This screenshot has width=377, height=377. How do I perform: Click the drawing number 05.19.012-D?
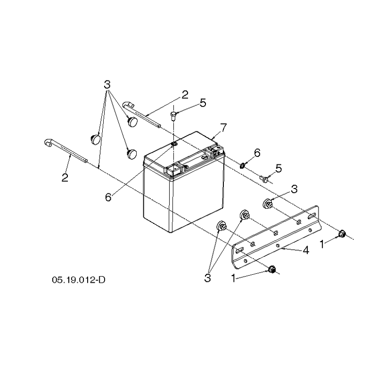[79, 280]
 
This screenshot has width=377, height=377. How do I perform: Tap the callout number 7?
[223, 127]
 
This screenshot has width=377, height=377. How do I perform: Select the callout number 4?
[305, 251]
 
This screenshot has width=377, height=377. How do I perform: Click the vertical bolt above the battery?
[173, 116]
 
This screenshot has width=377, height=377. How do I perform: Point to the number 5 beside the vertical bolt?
[203, 103]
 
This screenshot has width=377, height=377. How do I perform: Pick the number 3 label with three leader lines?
[107, 85]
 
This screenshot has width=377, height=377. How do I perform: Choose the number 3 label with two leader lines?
[207, 278]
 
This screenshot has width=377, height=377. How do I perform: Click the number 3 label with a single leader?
[294, 189]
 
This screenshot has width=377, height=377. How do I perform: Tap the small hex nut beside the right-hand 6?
[242, 165]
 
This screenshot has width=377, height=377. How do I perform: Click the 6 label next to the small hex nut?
[257, 153]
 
